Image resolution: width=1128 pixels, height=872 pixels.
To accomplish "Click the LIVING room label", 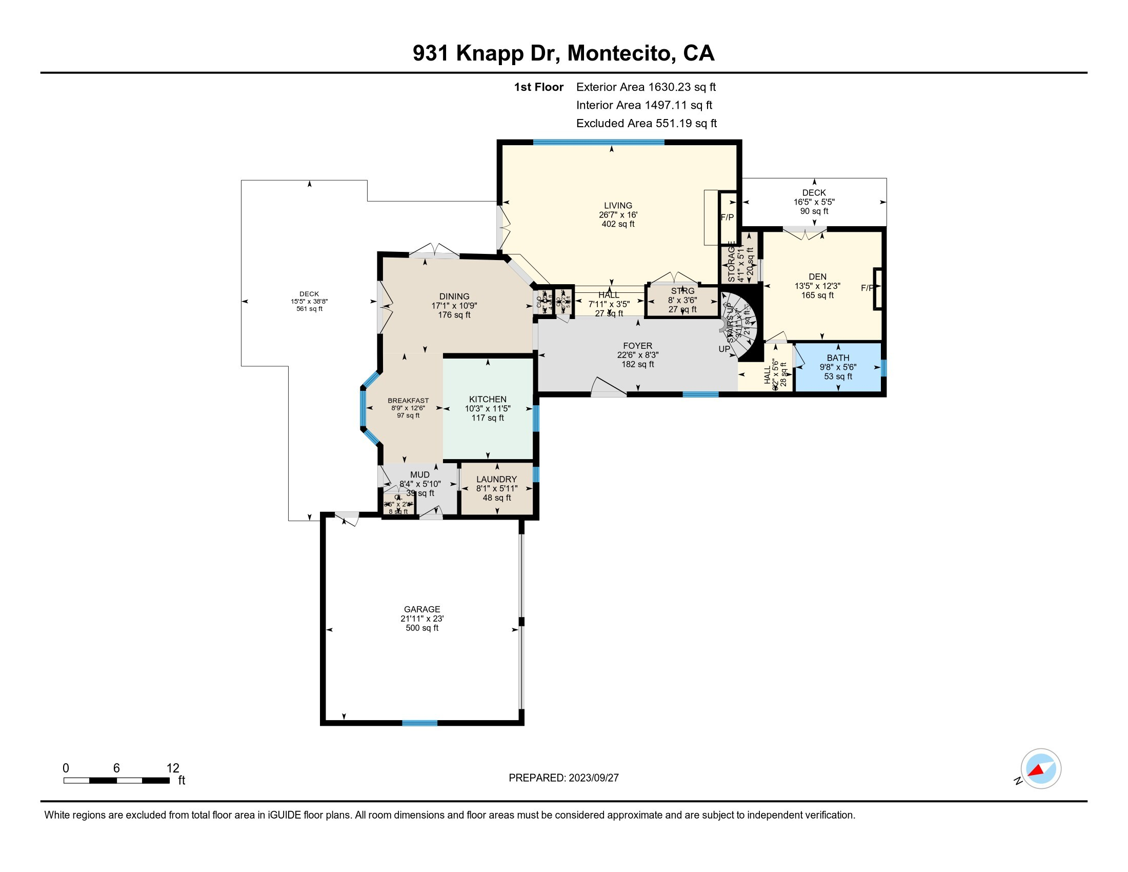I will click(x=618, y=206).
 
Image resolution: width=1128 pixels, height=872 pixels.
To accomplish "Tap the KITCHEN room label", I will click(x=488, y=399).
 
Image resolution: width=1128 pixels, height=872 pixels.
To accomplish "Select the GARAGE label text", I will click(x=422, y=609).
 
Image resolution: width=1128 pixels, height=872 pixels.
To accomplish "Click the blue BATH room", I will click(x=838, y=368).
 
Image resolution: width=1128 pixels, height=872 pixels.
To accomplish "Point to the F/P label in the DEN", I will click(x=867, y=288).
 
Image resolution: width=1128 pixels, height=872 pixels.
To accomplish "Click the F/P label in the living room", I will click(x=727, y=217).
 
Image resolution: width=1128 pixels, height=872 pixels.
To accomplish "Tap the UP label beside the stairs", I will click(x=724, y=349).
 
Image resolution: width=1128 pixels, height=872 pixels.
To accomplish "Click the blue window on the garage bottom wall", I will click(x=419, y=723).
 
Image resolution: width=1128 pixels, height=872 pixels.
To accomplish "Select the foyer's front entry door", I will click(x=609, y=388).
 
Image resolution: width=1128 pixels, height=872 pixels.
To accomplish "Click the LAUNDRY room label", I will click(x=496, y=480).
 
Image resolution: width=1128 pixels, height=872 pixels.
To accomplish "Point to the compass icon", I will click(x=1041, y=768).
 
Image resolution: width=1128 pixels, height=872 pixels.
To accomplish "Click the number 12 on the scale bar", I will click(x=172, y=768).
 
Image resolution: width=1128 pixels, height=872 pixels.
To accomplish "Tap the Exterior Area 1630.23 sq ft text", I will click(x=646, y=87).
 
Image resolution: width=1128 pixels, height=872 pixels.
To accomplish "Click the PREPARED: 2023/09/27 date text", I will click(x=563, y=778).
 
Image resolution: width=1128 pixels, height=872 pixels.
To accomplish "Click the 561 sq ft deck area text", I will click(x=309, y=309).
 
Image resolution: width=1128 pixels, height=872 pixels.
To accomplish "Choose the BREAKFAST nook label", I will click(x=408, y=401).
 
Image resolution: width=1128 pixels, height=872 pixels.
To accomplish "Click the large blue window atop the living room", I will click(x=598, y=142).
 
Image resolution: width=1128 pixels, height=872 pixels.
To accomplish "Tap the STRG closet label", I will click(x=682, y=291).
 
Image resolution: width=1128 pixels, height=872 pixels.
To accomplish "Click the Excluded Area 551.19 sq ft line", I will click(x=646, y=124).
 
